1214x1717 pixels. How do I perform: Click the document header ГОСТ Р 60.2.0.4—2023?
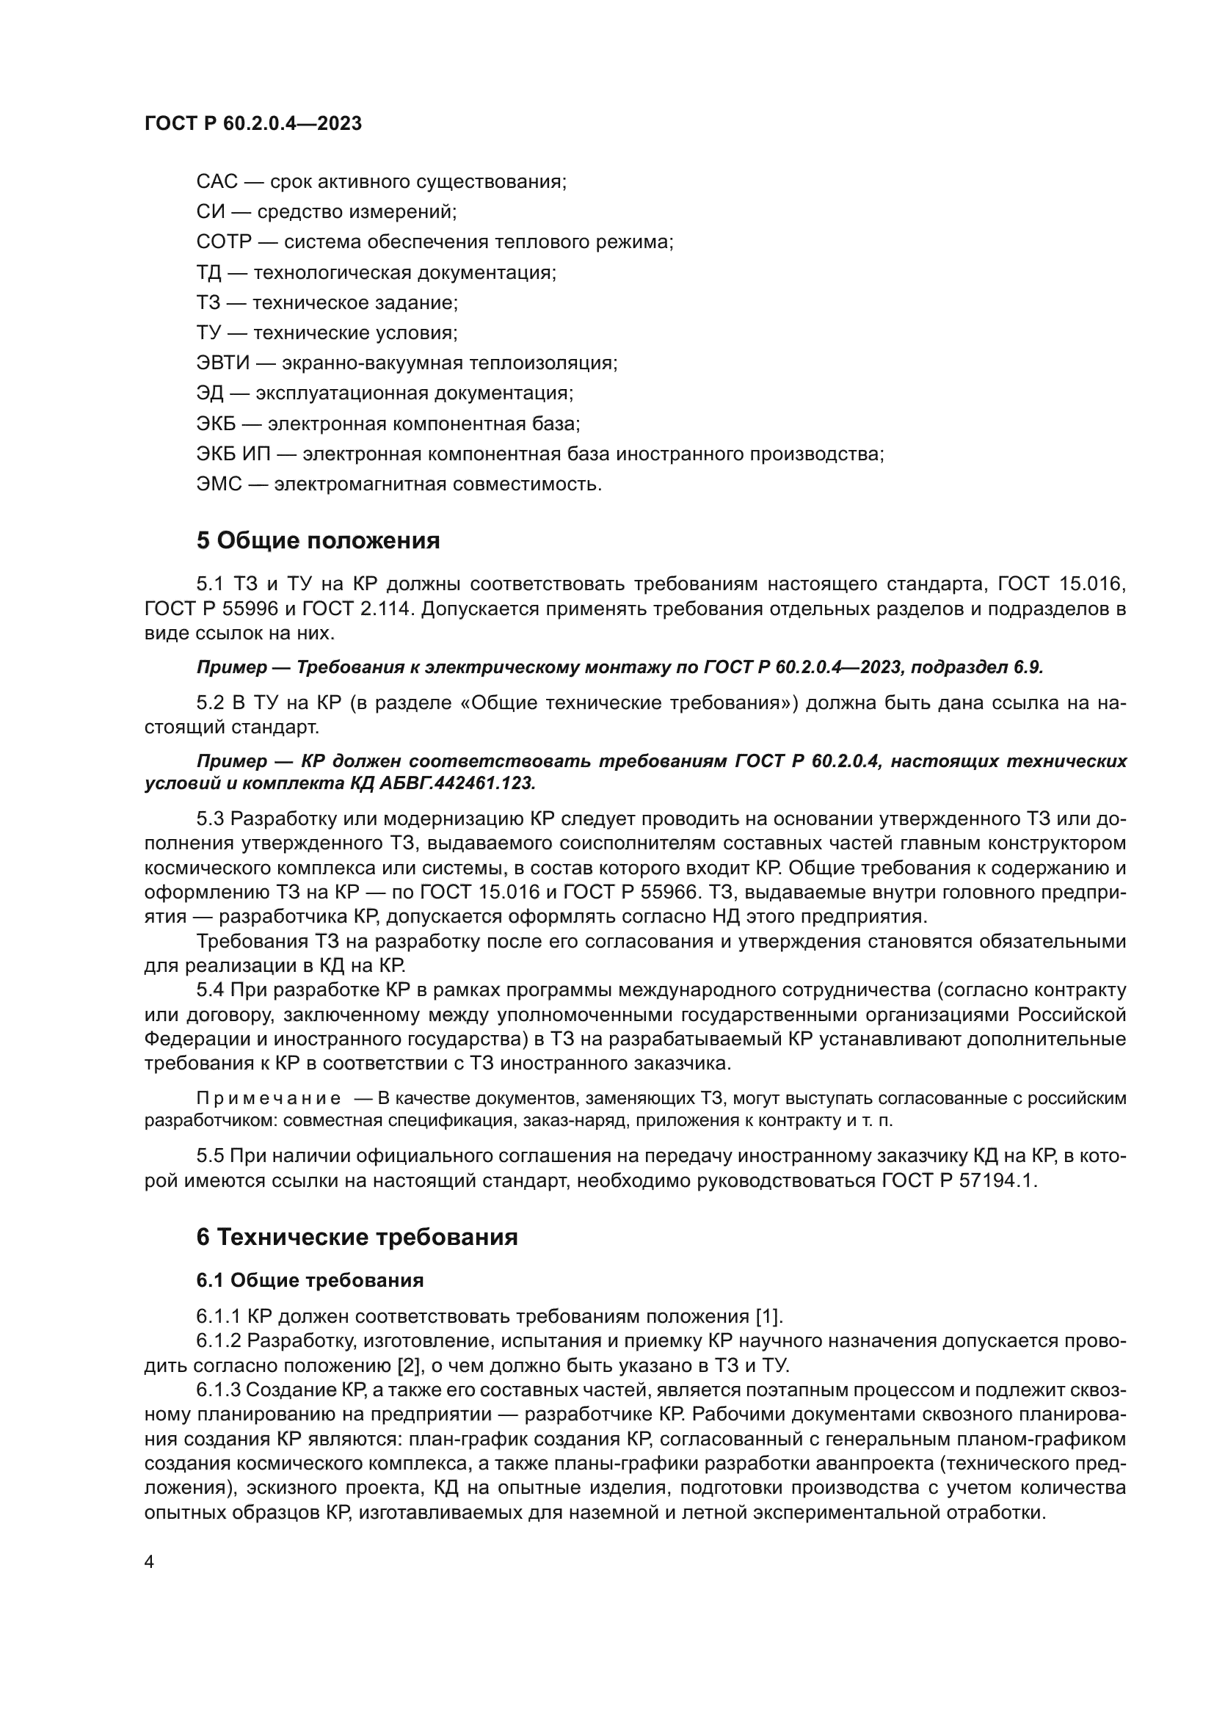pyautogui.click(x=252, y=124)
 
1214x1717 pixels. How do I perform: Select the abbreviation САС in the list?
pyautogui.click(x=217, y=182)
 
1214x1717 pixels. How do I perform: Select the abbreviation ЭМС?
pyautogui.click(x=219, y=484)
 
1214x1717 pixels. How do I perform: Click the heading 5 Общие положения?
pyautogui.click(x=318, y=540)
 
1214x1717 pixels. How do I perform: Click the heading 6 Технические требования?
pyautogui.click(x=357, y=1237)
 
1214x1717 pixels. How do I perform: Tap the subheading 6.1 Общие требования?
pyautogui.click(x=310, y=1280)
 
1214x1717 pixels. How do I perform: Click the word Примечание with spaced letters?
pyautogui.click(x=269, y=1099)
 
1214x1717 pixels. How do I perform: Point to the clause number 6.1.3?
pyautogui.click(x=218, y=1390)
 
